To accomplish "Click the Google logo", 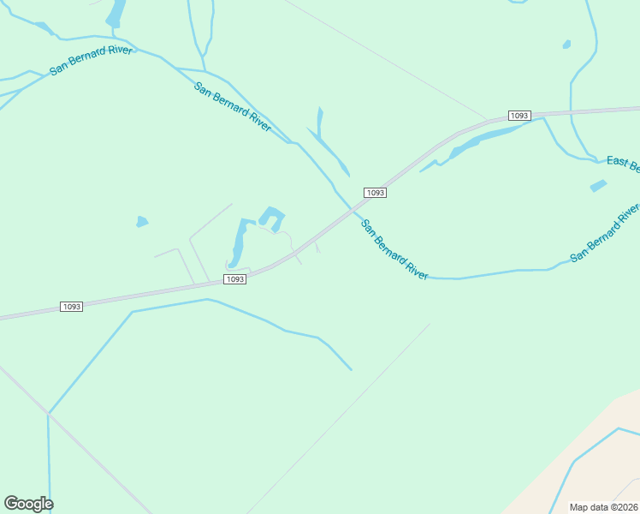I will point(28,504).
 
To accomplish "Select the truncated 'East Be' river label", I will point(623,163).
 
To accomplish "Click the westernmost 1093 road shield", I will point(72,307).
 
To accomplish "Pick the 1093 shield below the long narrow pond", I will point(235,279).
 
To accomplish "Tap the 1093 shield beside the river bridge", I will point(375,193).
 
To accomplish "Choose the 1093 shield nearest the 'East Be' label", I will point(519,116).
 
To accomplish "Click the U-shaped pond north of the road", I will point(272,218).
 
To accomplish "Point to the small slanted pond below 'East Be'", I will point(598,186).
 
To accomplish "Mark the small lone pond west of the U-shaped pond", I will point(141,222).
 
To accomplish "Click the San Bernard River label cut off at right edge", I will point(605,233).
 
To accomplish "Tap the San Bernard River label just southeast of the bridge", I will point(394,250).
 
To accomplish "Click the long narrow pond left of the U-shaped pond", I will point(238,243).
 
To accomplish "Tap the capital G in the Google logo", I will point(11,503).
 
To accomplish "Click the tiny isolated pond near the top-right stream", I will point(566,44).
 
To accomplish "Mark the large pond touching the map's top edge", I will point(116,14).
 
